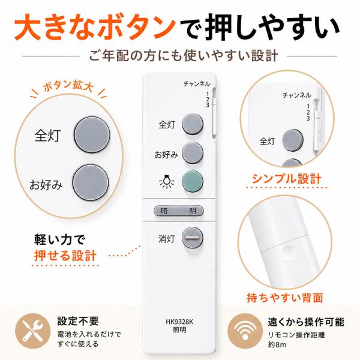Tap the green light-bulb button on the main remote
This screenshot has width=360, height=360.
click(193, 181)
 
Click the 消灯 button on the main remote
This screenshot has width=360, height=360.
click(193, 238)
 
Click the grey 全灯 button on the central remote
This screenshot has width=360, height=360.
click(193, 124)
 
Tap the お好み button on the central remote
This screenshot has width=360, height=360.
click(193, 152)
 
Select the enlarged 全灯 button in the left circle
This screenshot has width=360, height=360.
click(92, 135)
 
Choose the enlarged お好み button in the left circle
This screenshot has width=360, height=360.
click(91, 182)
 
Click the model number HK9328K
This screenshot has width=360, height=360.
click(179, 322)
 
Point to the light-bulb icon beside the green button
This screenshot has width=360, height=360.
click(166, 182)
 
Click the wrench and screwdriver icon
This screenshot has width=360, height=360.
click(32, 331)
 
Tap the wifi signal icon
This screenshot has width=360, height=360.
click(245, 331)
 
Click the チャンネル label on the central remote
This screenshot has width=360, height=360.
click(197, 84)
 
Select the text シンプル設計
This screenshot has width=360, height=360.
click(287, 179)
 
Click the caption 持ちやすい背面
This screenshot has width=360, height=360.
click(285, 298)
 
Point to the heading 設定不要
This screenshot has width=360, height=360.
click(78, 321)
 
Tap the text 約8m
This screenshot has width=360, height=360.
click(277, 344)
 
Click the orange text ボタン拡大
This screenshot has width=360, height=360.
click(68, 86)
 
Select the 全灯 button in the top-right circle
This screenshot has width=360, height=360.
click(293, 140)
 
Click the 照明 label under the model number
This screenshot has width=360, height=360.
click(179, 330)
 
